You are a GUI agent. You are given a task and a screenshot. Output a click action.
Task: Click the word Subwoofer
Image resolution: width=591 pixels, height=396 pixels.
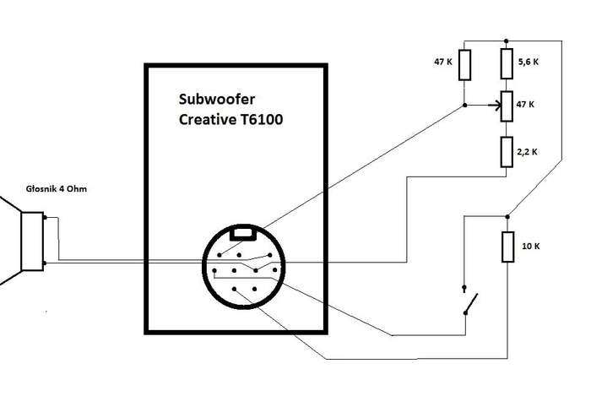click(x=217, y=99)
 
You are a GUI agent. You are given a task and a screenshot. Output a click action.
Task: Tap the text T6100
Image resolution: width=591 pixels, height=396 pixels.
click(x=261, y=119)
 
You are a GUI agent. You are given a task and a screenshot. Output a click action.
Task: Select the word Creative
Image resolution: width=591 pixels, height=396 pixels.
click(x=207, y=119)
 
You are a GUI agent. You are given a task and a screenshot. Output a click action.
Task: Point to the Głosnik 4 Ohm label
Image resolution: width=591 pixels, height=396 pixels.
click(x=57, y=189)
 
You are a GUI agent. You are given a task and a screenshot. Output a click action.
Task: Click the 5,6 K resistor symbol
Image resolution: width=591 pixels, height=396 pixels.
click(x=507, y=63)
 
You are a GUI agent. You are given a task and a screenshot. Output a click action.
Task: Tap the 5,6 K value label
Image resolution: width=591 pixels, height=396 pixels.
click(x=529, y=62)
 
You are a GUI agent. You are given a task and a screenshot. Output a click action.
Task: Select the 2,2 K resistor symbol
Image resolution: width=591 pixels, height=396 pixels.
click(x=507, y=152)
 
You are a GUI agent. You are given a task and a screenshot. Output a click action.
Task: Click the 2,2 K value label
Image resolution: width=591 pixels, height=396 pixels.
click(x=527, y=152)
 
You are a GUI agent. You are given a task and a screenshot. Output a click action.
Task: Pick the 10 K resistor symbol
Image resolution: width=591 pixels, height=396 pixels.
click(x=507, y=247)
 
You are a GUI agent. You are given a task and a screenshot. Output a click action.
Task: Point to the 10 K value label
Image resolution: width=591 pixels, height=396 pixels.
click(x=531, y=246)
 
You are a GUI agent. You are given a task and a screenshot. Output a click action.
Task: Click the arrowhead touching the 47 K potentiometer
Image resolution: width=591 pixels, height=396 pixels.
click(x=496, y=106)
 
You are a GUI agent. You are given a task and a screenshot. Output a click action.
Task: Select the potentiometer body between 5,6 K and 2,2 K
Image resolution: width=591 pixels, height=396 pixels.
click(x=507, y=106)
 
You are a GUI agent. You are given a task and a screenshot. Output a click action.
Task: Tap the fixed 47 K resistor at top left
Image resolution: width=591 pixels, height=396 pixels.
click(x=464, y=65)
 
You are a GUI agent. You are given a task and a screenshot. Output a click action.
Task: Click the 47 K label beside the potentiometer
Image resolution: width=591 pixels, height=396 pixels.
click(x=525, y=105)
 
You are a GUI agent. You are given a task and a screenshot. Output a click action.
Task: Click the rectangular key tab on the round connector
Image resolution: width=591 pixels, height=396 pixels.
click(x=243, y=233)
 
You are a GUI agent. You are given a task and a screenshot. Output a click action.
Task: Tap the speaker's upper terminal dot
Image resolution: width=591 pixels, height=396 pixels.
click(x=45, y=217)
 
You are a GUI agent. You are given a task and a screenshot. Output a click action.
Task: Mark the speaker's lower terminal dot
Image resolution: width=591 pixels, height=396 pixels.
click(x=45, y=263)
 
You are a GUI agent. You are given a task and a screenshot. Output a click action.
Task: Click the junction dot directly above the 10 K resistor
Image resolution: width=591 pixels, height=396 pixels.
click(x=507, y=217)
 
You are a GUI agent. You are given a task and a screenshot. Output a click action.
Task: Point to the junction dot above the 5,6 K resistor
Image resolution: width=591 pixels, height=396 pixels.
click(x=507, y=41)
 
